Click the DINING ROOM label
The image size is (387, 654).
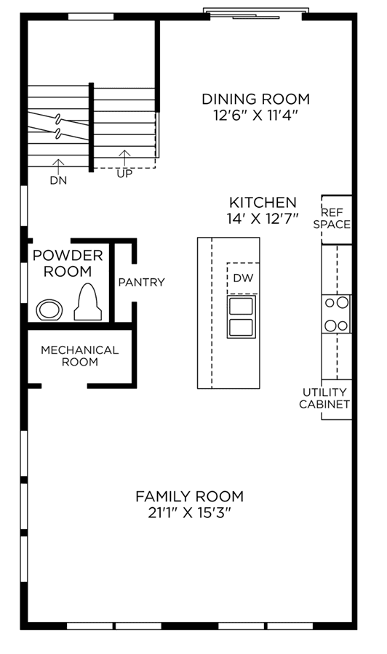pyautogui.click(x=255, y=100)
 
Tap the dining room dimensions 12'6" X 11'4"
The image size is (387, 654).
pyautogui.click(x=256, y=115)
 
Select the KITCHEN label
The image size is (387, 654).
pyautogui.click(x=263, y=203)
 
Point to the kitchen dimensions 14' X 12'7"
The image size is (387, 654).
pyautogui.click(x=263, y=219)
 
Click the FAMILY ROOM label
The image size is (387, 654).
pyautogui.click(x=190, y=497)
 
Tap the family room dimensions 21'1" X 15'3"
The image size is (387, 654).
pyautogui.click(x=190, y=512)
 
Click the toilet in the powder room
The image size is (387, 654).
pyautogui.click(x=88, y=302)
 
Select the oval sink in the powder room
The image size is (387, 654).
pyautogui.click(x=49, y=310)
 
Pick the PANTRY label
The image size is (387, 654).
pyautogui.click(x=142, y=283)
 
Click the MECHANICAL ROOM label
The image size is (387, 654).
pyautogui.click(x=80, y=356)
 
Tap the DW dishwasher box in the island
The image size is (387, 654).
pyautogui.click(x=243, y=278)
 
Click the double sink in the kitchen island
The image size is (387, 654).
pyautogui.click(x=242, y=317)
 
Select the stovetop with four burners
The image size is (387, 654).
pyautogui.click(x=336, y=314)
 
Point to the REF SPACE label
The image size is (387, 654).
pyautogui.click(x=332, y=219)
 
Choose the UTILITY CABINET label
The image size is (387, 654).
pyautogui.click(x=324, y=398)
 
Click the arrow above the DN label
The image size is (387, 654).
pyautogui.click(x=58, y=166)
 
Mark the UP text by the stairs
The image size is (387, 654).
pyautogui.click(x=124, y=174)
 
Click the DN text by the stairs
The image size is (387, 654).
pyautogui.click(x=58, y=181)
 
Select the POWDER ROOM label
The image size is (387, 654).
pyautogui.click(x=68, y=264)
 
